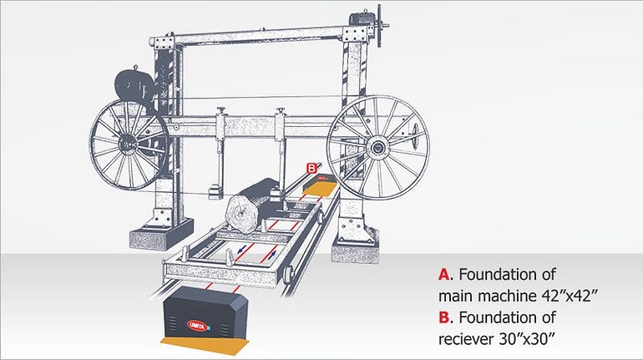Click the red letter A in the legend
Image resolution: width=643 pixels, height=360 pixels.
click(x=443, y=274)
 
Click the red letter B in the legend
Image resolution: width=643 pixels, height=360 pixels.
click(x=443, y=317)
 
